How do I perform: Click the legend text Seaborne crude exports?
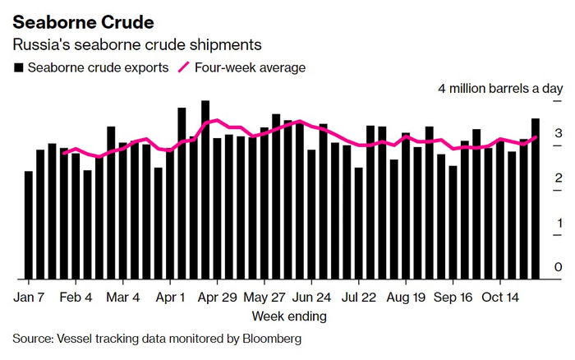[98, 67]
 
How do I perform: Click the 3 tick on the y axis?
[558, 133]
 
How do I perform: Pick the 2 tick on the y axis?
[558, 178]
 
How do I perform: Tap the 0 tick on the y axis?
[558, 267]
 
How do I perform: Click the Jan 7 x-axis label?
[29, 298]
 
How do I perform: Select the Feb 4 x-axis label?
[76, 298]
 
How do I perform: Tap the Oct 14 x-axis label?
[499, 298]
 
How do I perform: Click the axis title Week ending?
[288, 316]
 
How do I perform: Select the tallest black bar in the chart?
[205, 189]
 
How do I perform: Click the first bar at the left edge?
[29, 224]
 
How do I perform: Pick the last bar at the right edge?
[536, 198]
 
